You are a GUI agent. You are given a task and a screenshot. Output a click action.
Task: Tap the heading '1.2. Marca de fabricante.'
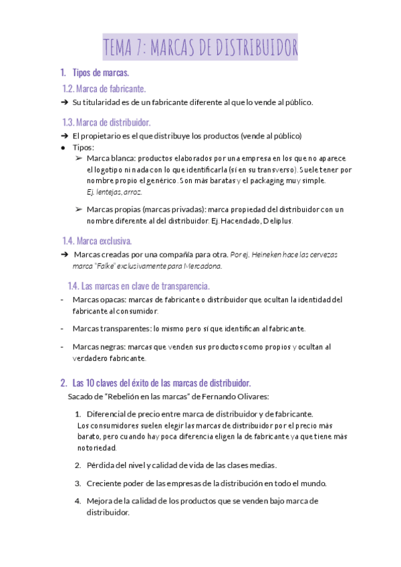click(x=104, y=89)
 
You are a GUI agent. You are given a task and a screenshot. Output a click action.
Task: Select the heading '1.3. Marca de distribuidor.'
click(x=106, y=122)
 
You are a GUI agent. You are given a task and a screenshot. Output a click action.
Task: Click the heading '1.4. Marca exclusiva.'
click(x=97, y=241)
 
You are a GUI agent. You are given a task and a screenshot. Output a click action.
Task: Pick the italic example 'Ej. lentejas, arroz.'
click(x=115, y=192)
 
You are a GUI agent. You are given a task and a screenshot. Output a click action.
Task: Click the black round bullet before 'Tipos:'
click(x=63, y=147)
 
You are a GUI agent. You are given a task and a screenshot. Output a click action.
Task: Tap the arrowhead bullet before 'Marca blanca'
click(x=79, y=158)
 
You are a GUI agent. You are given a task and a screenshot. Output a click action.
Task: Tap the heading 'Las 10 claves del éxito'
click(x=161, y=383)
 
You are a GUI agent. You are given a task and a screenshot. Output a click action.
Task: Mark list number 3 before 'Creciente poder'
click(x=78, y=483)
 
